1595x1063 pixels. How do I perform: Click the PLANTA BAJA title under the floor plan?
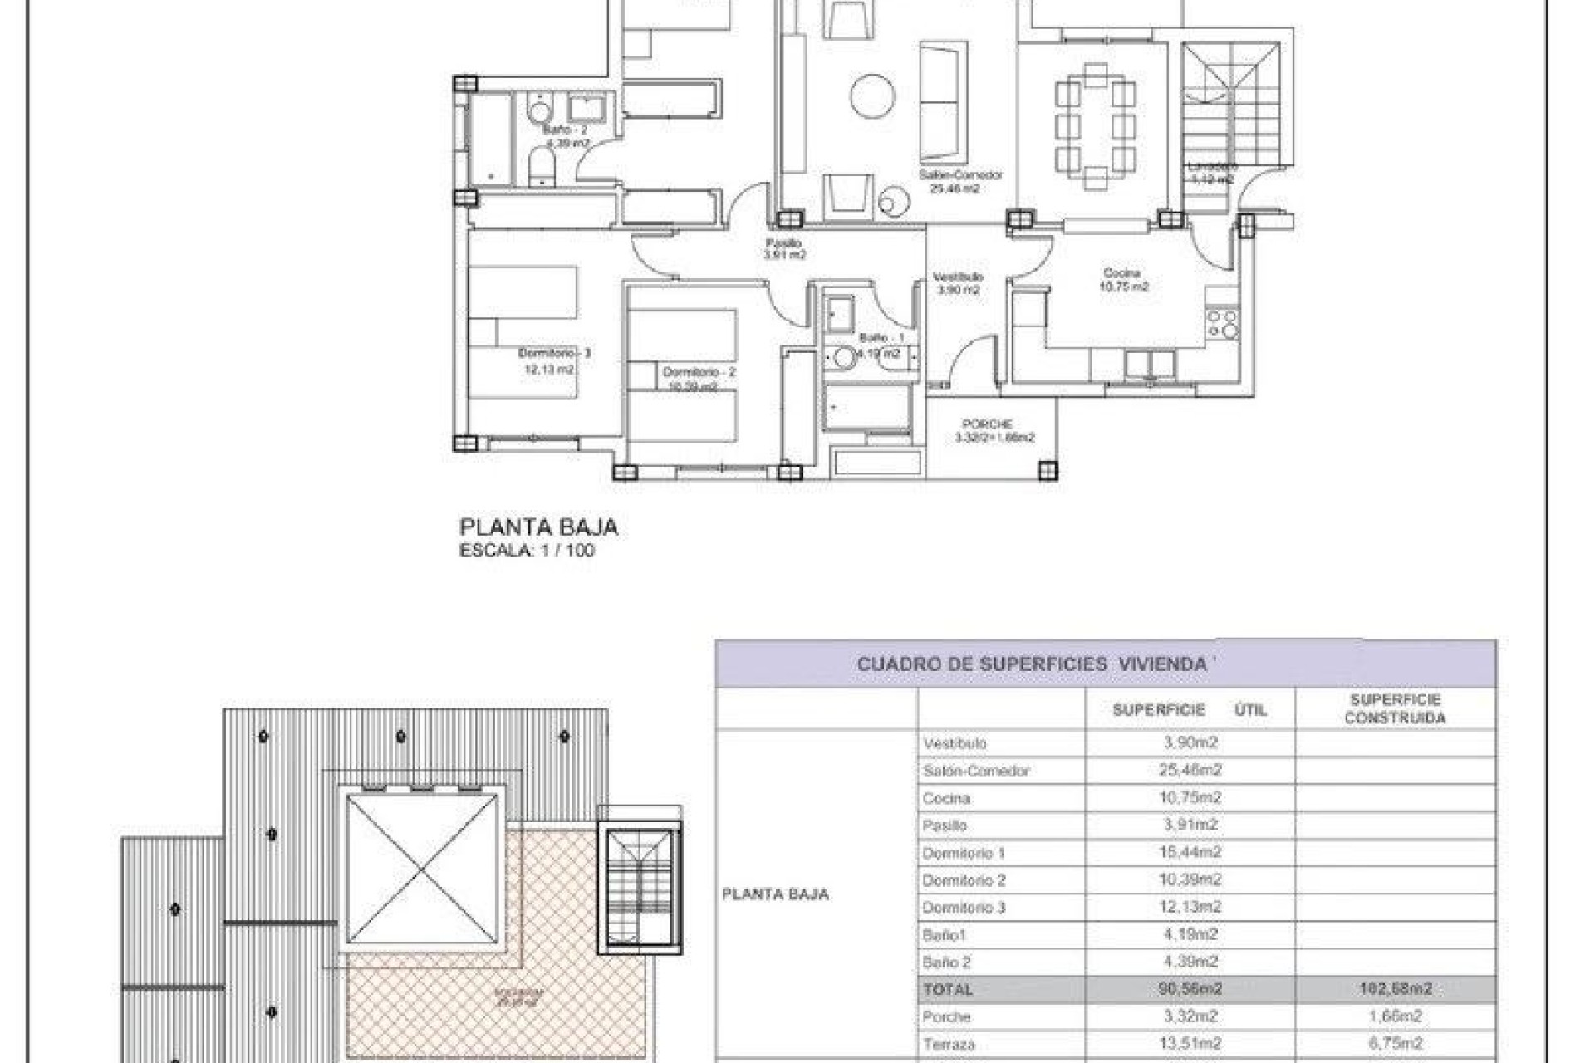click(x=538, y=527)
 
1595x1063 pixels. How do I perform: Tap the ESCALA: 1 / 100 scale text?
click(x=527, y=551)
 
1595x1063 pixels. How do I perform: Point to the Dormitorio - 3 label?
click(x=554, y=354)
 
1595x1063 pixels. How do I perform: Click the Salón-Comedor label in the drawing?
click(x=959, y=176)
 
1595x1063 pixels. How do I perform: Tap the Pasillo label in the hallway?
click(x=783, y=243)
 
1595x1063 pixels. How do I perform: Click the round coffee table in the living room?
click(x=872, y=96)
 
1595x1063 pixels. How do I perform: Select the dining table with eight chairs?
click(x=1095, y=127)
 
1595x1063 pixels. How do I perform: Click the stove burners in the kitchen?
click(x=1222, y=324)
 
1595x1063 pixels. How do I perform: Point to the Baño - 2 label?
click(x=565, y=130)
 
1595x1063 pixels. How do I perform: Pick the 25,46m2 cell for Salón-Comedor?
click(x=1190, y=771)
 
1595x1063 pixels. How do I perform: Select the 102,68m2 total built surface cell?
click(x=1395, y=989)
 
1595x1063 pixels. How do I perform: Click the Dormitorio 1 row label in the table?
click(x=963, y=853)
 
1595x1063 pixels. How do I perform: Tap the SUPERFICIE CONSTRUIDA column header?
click(x=1395, y=709)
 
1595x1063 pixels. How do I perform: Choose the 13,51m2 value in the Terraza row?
click(x=1190, y=1044)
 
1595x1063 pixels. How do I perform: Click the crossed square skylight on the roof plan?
click(x=424, y=868)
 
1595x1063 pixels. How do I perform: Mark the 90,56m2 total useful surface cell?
click(x=1190, y=989)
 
